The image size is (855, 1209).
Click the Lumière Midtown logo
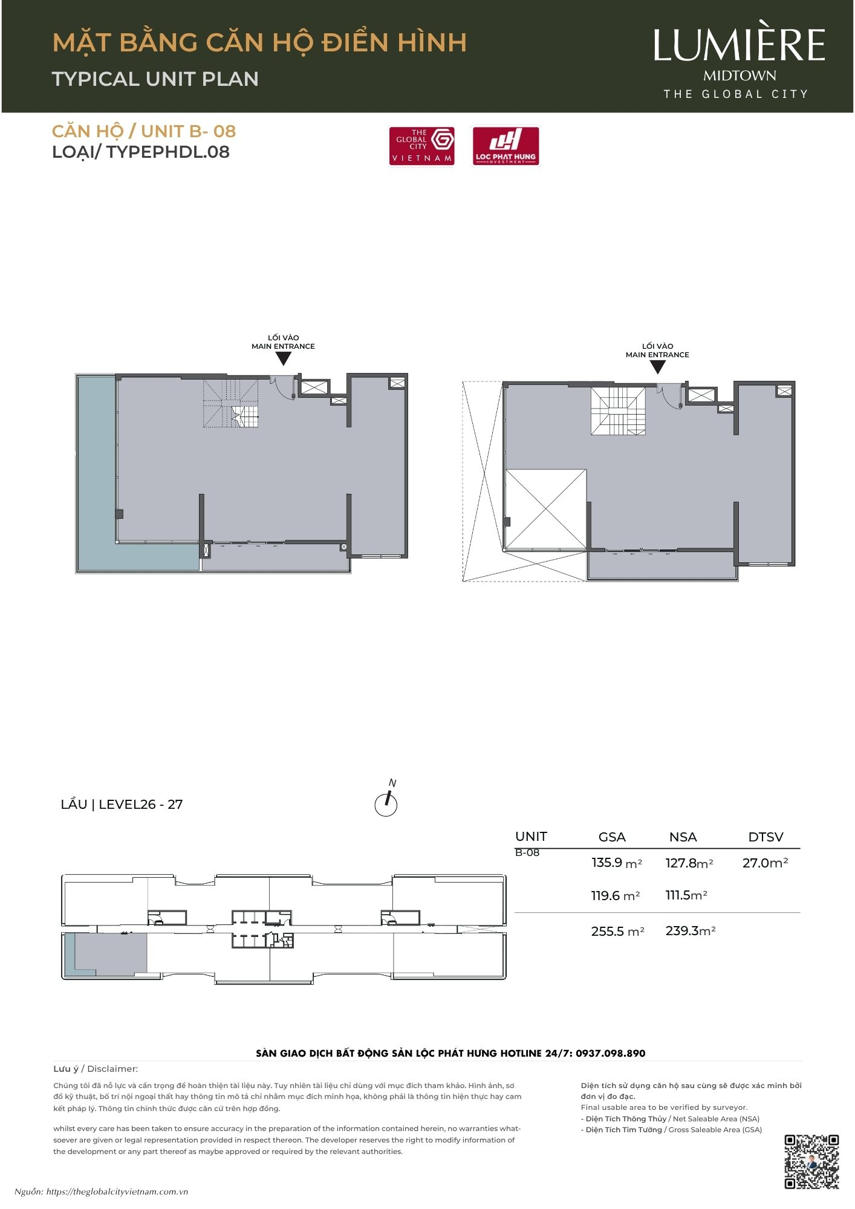739,63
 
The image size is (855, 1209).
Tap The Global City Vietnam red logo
422,146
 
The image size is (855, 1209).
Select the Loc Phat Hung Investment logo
506,146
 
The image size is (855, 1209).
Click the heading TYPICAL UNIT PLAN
155,79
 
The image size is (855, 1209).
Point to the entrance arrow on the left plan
283,358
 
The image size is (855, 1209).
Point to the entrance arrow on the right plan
657,367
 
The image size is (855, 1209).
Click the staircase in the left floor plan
231,403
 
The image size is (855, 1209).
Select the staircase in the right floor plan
618,411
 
